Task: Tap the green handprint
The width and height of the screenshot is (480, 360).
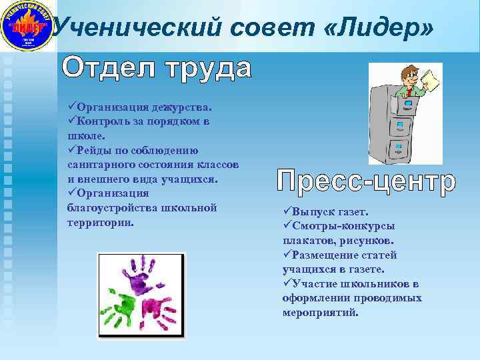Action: [x=124, y=304]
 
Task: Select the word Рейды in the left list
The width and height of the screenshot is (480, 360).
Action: [x=95, y=150]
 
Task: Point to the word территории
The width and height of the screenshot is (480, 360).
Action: [x=101, y=222]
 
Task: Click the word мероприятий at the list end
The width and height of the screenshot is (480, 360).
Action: [x=320, y=313]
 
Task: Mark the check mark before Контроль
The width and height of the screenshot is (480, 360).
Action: [x=72, y=121]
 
